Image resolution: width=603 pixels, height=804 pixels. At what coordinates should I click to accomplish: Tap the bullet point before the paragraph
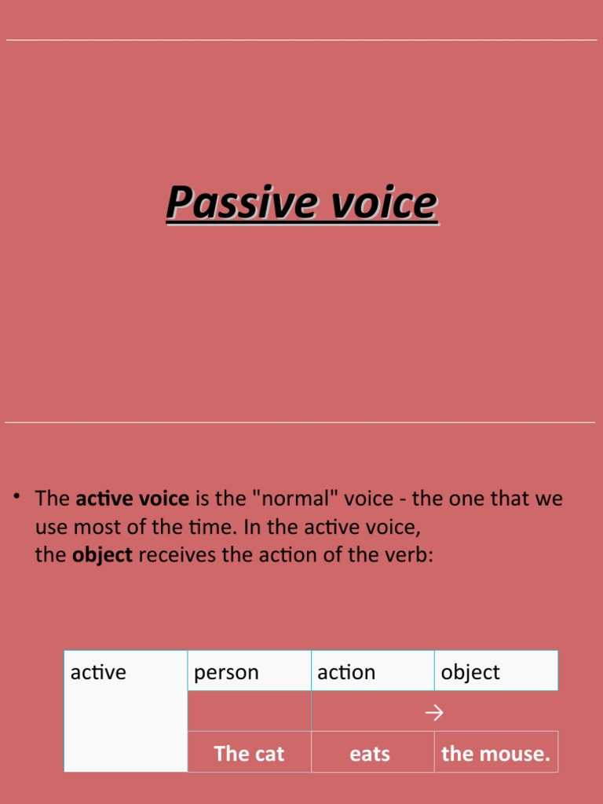point(16,496)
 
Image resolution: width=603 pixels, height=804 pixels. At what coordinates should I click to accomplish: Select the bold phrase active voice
point(132,499)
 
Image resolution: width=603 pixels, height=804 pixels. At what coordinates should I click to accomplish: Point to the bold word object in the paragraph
point(102,555)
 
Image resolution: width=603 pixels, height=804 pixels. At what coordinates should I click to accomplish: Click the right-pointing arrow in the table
point(434,712)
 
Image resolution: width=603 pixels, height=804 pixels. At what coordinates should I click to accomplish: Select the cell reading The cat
point(249,754)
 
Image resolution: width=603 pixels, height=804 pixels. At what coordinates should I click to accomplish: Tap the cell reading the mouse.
point(495,754)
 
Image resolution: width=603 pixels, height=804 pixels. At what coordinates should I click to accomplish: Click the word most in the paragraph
point(97,527)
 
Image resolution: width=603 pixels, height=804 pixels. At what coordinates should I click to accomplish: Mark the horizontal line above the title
point(301,40)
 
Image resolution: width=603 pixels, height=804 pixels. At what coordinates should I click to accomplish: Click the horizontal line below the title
point(301,422)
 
